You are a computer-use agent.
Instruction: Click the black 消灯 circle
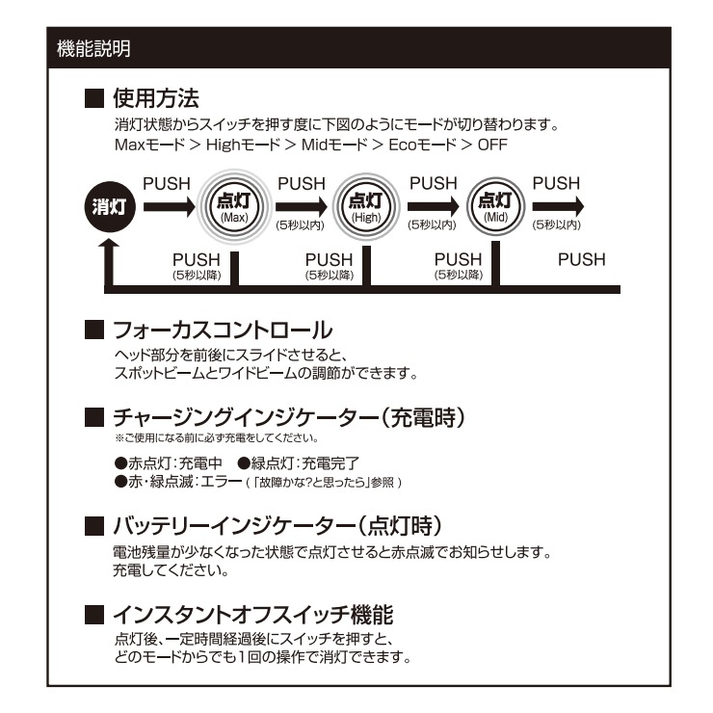pyautogui.click(x=113, y=208)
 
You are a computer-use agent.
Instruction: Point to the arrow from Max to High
pyautogui.click(x=302, y=205)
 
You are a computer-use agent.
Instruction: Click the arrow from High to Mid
pyautogui.click(x=434, y=205)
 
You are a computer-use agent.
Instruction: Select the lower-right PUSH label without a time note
pyautogui.click(x=582, y=260)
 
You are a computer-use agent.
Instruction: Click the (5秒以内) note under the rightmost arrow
pyautogui.click(x=557, y=224)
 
